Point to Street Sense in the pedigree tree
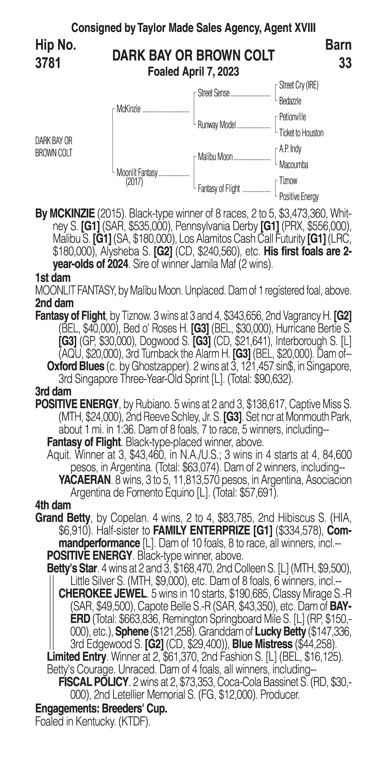pos(214,93)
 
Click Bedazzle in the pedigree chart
pos(290,101)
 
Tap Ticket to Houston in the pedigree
pos(301,133)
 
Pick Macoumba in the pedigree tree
pos(293,165)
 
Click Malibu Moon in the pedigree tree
pos(215,157)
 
